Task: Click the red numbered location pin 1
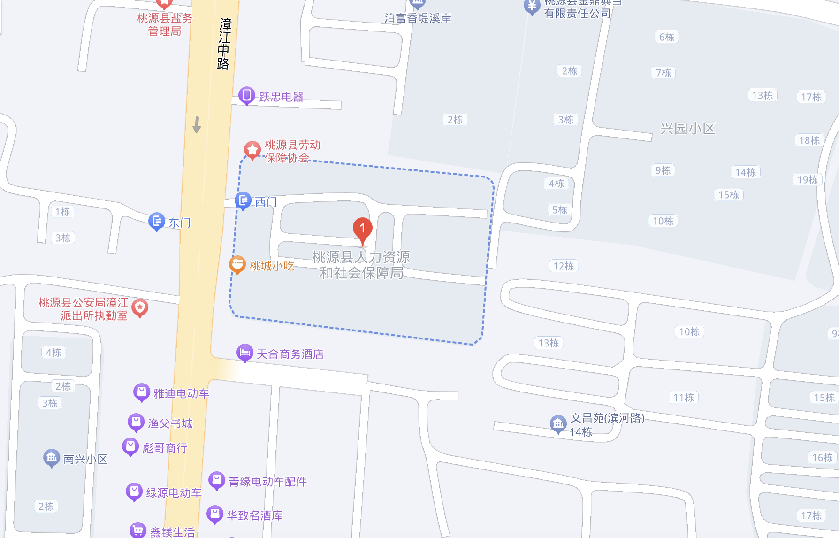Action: pos(362,229)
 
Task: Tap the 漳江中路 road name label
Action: pos(224,44)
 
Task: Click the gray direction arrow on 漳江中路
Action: pos(197,124)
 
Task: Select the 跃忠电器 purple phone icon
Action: pos(246,95)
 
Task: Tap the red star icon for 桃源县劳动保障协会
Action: pos(252,150)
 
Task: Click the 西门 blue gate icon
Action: pos(243,201)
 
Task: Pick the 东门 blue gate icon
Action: pos(157,221)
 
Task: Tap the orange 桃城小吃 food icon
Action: pos(237,264)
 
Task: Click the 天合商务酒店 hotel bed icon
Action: pos(245,353)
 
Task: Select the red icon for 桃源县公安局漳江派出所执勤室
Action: pos(140,308)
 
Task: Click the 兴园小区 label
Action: pos(687,129)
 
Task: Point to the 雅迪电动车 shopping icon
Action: pos(142,392)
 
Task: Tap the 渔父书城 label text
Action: pos(170,423)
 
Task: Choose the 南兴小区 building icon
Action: pos(52,458)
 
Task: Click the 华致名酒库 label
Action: pos(254,515)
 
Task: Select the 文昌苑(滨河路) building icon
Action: pos(558,424)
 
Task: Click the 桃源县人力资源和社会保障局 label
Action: pos(361,265)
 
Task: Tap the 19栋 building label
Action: pos(807,180)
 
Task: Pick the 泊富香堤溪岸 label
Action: pos(418,18)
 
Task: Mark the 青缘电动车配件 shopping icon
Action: pos(217,480)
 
